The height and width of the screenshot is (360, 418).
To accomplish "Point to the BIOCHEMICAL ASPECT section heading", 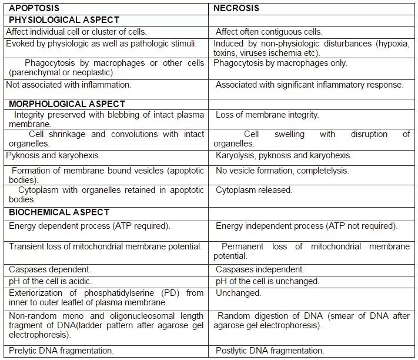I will tap(59, 212).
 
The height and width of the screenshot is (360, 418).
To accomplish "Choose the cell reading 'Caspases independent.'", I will tap(260, 269).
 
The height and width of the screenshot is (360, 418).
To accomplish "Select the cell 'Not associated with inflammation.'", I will tap(68, 85).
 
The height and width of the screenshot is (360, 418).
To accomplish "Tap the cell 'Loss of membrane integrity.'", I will tap(267, 115).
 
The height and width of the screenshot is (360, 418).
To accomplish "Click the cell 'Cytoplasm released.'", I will tap(254, 190).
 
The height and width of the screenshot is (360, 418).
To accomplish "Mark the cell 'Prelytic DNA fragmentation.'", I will tap(61, 351).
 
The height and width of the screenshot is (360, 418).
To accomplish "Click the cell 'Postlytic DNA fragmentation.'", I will tap(270, 351).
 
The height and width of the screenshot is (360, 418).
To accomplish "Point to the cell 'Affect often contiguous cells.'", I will tap(269, 32).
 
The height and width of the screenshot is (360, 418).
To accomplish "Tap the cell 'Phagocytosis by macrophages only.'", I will tap(280, 63).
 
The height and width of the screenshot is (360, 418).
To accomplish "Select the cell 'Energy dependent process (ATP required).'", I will tap(89, 226).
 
